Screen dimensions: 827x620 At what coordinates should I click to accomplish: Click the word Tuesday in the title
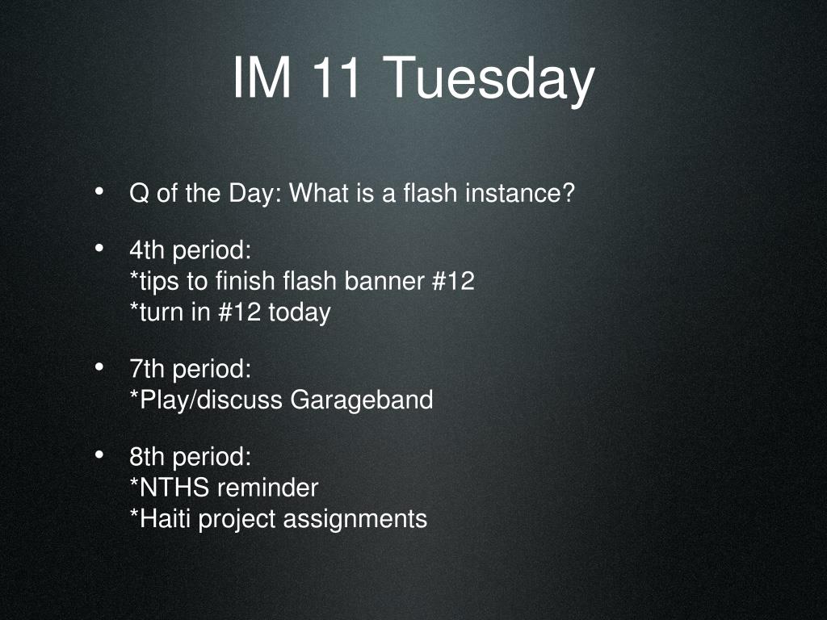tap(489, 79)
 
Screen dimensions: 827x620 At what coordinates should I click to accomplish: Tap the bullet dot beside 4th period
tap(99, 248)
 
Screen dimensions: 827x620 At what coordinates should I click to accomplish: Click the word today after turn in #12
tap(300, 312)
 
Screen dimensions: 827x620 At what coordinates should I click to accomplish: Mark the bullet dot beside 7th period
tap(99, 367)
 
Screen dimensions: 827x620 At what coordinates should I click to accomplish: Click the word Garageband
tap(362, 400)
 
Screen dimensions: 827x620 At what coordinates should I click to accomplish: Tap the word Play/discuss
tap(206, 400)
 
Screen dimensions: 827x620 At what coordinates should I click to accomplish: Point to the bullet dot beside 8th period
tap(99, 455)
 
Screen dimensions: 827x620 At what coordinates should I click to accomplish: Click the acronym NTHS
tap(170, 488)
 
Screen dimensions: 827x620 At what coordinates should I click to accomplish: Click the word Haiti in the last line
tap(162, 519)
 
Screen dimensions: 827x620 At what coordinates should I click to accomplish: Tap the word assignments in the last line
tap(355, 520)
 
